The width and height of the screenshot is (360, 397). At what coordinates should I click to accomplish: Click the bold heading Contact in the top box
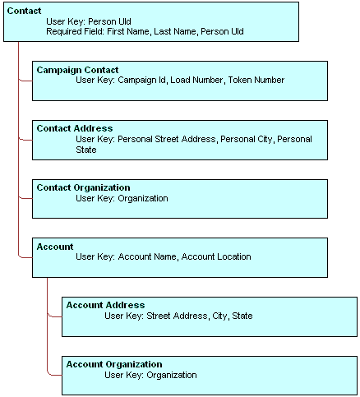25,11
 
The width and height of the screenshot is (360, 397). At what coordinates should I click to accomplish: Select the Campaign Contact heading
77,70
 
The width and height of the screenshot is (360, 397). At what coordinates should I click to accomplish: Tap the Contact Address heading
75,129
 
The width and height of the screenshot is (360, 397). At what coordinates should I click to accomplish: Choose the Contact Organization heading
83,188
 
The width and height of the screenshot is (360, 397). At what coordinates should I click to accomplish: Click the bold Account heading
55,247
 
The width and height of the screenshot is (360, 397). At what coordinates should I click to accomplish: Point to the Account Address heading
105,306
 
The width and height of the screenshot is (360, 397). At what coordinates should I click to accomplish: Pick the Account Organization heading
113,365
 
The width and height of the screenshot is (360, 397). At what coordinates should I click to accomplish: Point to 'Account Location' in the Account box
216,257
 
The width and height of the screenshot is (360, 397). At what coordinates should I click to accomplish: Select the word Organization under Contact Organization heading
143,199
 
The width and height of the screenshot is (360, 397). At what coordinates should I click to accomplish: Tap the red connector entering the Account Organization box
54,375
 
